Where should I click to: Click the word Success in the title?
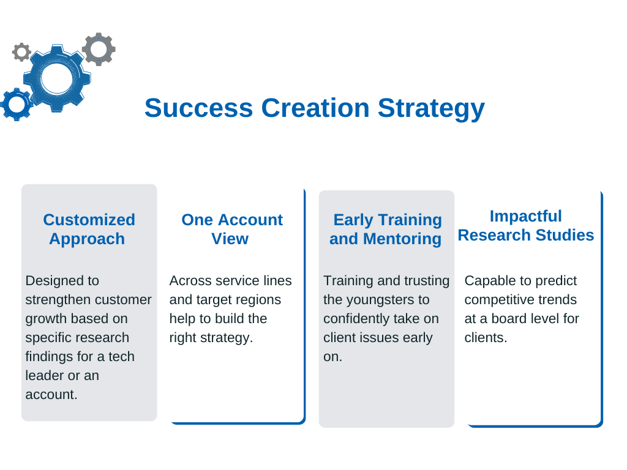click(x=199, y=108)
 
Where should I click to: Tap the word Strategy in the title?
click(x=431, y=109)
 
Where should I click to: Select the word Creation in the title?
click(x=315, y=108)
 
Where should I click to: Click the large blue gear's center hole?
click(x=57, y=78)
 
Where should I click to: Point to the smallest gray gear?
click(x=21, y=52)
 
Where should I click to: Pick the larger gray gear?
click(x=99, y=49)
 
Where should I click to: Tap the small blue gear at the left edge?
click(x=17, y=104)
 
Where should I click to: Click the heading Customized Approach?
click(x=89, y=229)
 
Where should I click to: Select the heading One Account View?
click(x=232, y=229)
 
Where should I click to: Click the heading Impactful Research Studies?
click(x=526, y=225)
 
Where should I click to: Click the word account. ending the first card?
click(x=51, y=395)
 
